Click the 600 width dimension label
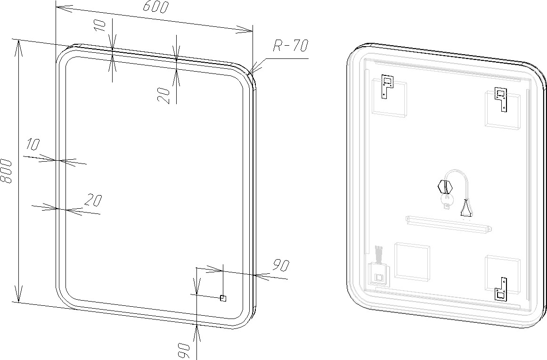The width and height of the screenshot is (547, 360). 156,7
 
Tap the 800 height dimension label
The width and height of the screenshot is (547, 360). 6,171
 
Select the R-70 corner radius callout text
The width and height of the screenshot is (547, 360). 290,45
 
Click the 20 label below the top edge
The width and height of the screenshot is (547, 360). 164,96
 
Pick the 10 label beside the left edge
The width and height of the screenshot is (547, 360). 33,144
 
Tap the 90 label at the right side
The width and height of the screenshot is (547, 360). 281,265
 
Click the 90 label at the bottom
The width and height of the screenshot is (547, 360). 184,351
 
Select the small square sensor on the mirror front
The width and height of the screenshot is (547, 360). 223,298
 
